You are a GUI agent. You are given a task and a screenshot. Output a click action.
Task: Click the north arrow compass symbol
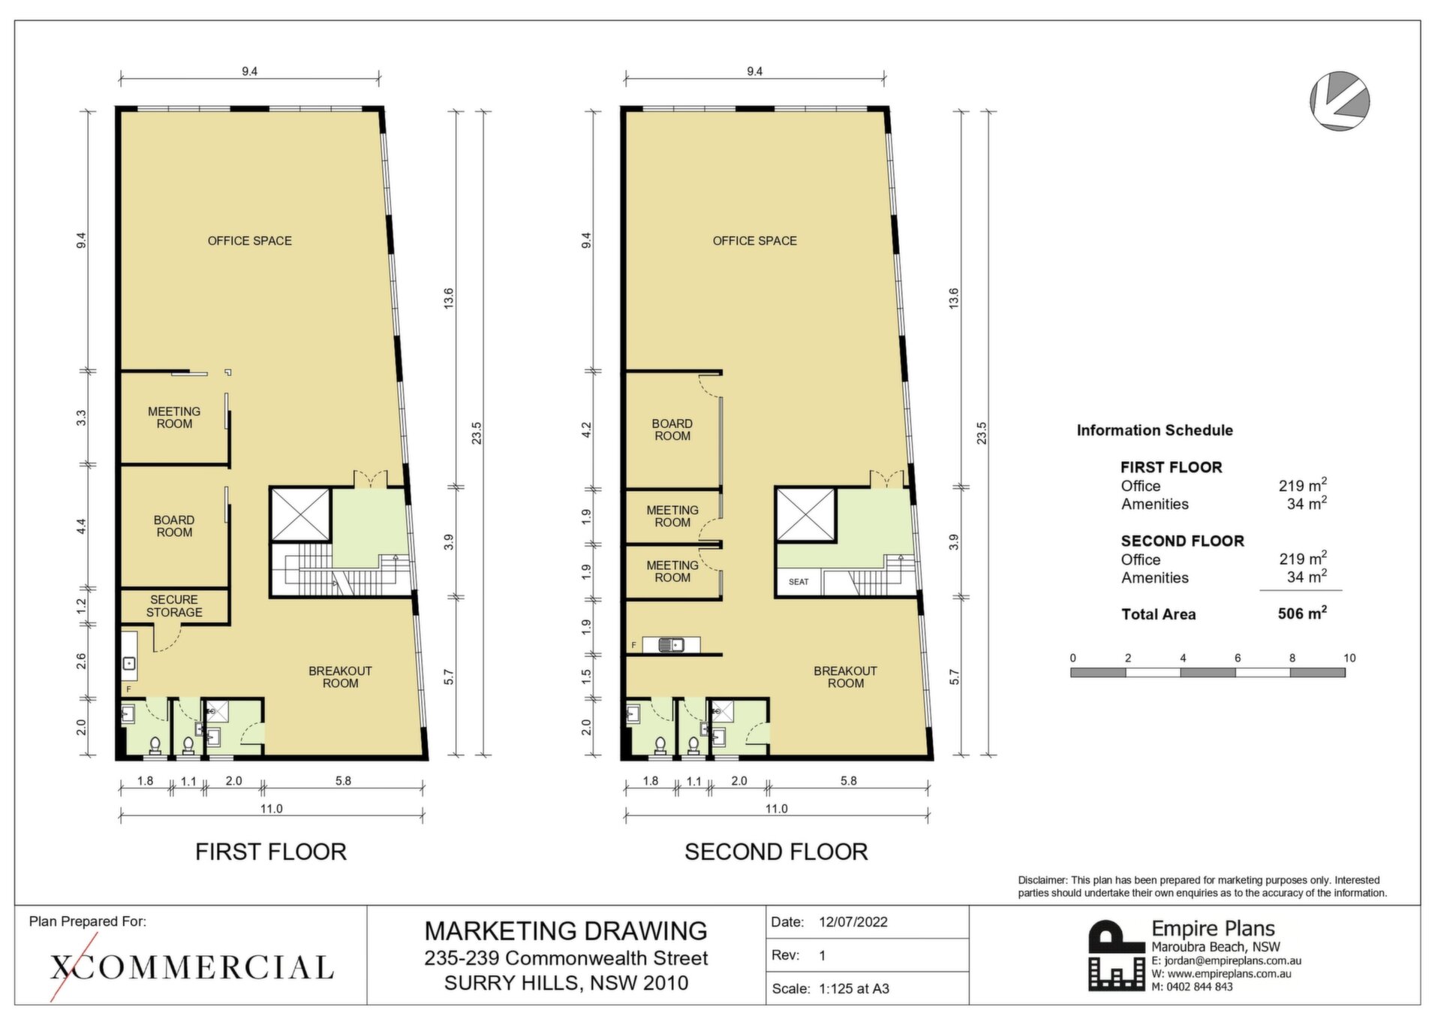pyautogui.click(x=1340, y=101)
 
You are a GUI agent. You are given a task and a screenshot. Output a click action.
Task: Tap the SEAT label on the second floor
pyautogui.click(x=799, y=582)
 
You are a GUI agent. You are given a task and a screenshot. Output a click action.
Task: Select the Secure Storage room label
pyautogui.click(x=174, y=606)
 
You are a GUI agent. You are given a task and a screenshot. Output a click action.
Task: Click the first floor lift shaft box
pyautogui.click(x=300, y=514)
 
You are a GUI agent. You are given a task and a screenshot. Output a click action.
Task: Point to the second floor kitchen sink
pyautogui.click(x=672, y=644)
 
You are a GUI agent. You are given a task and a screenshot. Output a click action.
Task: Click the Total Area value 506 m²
pyautogui.click(x=1302, y=614)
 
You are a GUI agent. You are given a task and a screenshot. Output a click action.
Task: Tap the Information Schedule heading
pyautogui.click(x=1154, y=430)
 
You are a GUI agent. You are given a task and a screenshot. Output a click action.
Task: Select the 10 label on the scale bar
pyautogui.click(x=1349, y=658)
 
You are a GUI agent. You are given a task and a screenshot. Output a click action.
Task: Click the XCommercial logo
pyautogui.click(x=191, y=968)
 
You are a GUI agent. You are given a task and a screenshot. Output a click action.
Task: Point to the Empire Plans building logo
pyautogui.click(x=1118, y=955)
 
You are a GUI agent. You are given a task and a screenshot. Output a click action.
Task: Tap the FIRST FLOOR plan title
pyautogui.click(x=271, y=852)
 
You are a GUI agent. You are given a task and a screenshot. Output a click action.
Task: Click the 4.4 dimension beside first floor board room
pyautogui.click(x=81, y=526)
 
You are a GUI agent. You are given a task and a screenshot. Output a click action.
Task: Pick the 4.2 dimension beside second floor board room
pyautogui.click(x=586, y=430)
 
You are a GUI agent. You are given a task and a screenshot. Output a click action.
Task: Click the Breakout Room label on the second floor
pyautogui.click(x=845, y=677)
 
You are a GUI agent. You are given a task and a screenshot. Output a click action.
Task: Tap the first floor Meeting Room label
pyautogui.click(x=174, y=418)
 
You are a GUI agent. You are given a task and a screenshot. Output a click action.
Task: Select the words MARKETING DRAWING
pyautogui.click(x=566, y=931)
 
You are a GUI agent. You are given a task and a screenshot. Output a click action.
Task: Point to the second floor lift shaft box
pyautogui.click(x=805, y=514)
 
